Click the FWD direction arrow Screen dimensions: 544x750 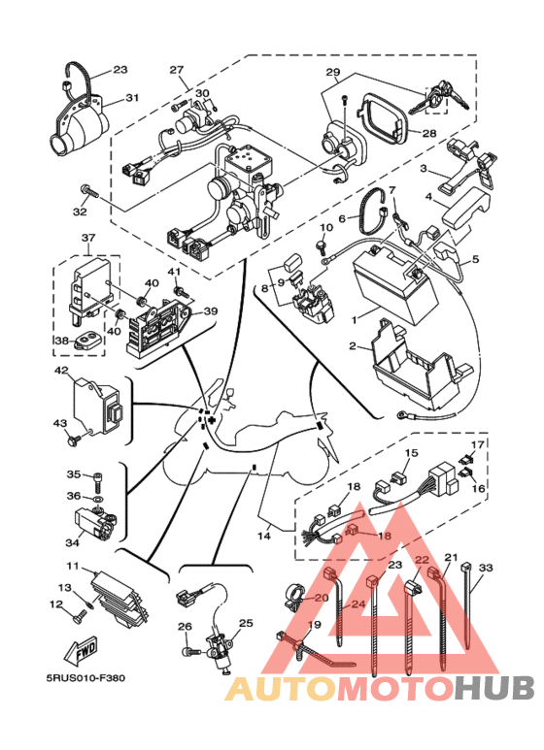click(x=81, y=651)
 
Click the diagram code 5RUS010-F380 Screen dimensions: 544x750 click(x=85, y=678)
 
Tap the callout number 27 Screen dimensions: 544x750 click(x=176, y=70)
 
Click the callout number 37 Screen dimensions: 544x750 click(x=88, y=238)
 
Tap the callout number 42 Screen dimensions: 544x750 click(x=61, y=371)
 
